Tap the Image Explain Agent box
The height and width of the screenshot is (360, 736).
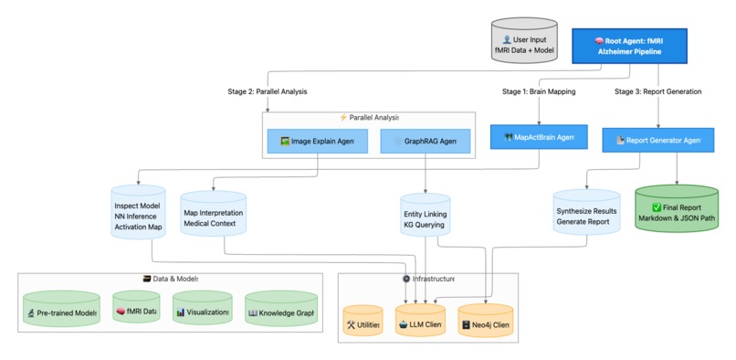pos(317,141)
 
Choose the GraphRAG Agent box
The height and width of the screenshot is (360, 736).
pos(426,141)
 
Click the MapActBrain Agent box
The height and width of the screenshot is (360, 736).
pos(532,138)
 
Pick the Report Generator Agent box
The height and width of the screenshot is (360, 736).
pos(658,140)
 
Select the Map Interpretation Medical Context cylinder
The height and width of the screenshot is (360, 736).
pos(214,214)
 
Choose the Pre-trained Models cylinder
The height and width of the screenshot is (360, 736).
pos(60,312)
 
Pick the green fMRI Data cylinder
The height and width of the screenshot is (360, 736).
pos(136,311)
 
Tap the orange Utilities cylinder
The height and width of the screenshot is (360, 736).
pos(363,323)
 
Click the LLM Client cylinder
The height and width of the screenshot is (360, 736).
pos(419,323)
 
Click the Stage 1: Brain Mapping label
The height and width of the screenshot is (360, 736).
pos(539,91)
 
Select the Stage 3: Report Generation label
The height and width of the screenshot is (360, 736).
pos(657,91)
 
